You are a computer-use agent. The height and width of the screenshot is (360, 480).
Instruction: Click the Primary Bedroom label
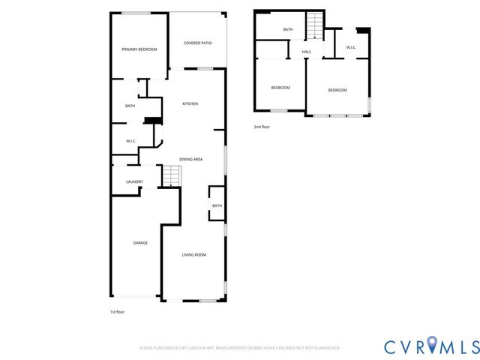(139, 49)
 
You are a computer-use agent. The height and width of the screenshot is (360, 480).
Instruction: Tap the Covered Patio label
(197, 43)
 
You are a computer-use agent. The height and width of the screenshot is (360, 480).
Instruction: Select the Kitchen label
(190, 103)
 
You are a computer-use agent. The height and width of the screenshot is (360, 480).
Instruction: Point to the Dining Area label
(191, 159)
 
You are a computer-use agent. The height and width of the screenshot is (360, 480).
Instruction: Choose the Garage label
(140, 243)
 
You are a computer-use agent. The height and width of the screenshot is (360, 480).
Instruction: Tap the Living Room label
(193, 255)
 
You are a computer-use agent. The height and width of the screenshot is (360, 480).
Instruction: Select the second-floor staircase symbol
(316, 26)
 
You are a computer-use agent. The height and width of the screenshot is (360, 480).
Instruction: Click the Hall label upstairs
(307, 52)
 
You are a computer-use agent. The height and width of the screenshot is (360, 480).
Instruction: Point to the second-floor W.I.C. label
(351, 48)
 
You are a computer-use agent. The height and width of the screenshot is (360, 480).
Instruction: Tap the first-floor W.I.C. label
(130, 141)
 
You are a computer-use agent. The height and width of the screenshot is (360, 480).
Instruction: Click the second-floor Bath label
(288, 30)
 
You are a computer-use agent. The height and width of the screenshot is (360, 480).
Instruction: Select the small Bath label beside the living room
(217, 205)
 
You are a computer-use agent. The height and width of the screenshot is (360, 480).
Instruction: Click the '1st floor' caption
(116, 310)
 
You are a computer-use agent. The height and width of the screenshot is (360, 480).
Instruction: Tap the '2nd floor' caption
(262, 127)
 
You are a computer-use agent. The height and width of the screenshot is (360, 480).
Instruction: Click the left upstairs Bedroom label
(280, 88)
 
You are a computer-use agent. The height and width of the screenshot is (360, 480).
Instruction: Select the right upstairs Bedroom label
(337, 91)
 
